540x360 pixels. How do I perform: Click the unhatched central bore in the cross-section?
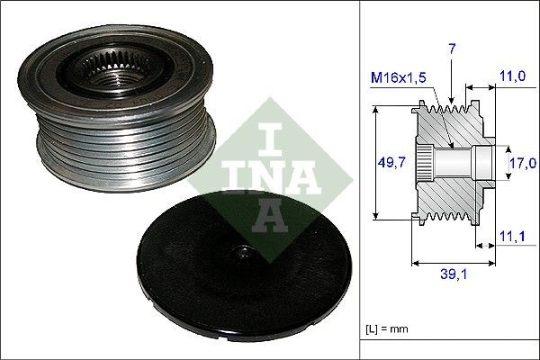click(x=459, y=163)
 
